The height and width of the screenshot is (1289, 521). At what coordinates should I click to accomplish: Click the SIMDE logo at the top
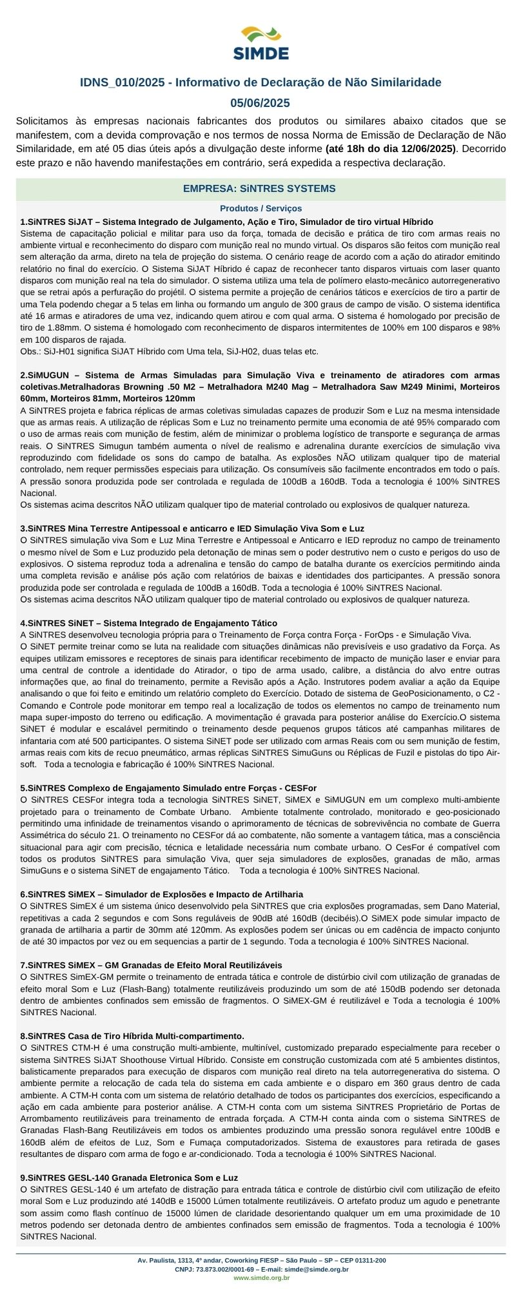pyautogui.click(x=260, y=43)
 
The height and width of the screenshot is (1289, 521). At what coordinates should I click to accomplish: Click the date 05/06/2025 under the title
pyautogui.click(x=260, y=103)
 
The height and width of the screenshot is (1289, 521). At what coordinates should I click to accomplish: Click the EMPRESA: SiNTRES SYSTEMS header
pyautogui.click(x=260, y=189)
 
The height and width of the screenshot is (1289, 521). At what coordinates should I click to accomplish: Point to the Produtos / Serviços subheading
pyautogui.click(x=260, y=208)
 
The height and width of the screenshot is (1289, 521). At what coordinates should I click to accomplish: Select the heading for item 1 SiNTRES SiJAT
pyautogui.click(x=226, y=222)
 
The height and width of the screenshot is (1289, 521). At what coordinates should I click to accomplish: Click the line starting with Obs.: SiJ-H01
pyautogui.click(x=169, y=351)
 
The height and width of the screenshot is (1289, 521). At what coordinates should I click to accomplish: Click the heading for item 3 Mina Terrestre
pyautogui.click(x=192, y=528)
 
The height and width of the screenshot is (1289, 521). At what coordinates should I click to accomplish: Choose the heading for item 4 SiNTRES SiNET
pyautogui.click(x=148, y=623)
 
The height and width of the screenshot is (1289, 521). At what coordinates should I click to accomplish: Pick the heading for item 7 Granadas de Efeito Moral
pyautogui.click(x=151, y=965)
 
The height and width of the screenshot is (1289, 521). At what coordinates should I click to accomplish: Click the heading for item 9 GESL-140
pyautogui.click(x=129, y=1178)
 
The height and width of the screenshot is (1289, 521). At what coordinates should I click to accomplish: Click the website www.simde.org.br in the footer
pyautogui.click(x=261, y=1277)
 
